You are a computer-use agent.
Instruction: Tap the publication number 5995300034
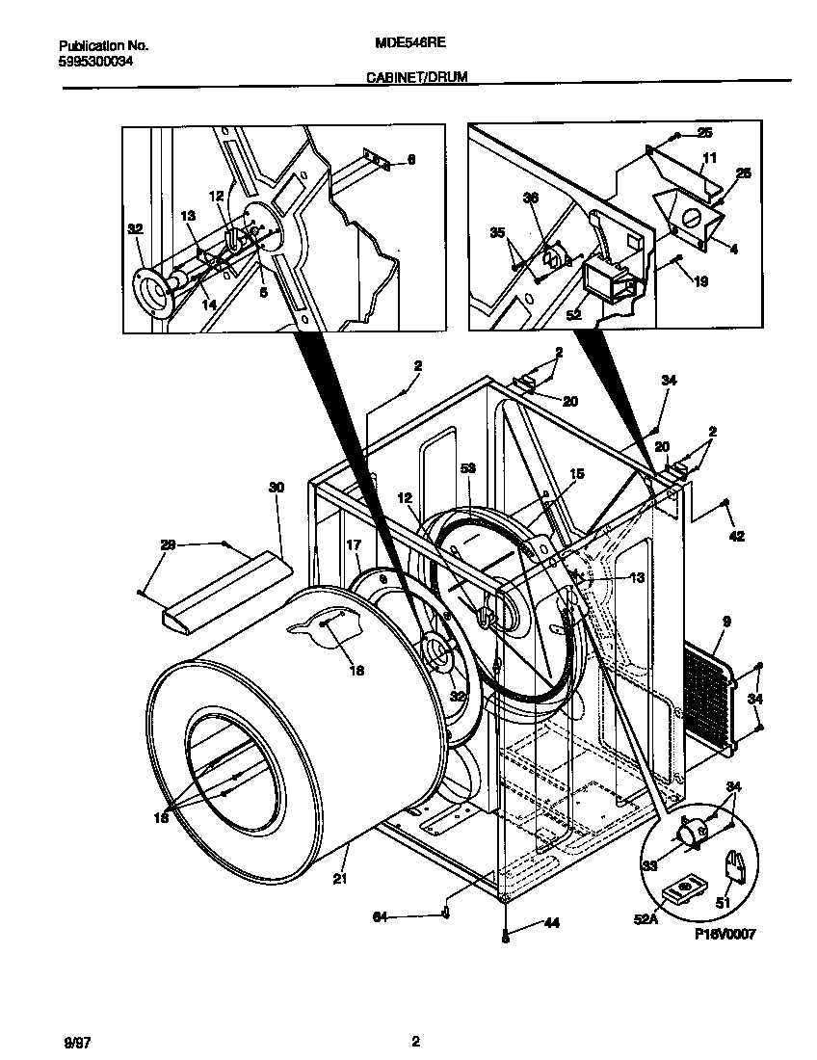pyautogui.click(x=95, y=60)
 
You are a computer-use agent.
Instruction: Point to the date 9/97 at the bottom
pyautogui.click(x=76, y=1042)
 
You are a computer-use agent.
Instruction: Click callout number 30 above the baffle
pyautogui.click(x=277, y=489)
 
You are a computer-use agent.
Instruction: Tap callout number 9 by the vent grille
pyautogui.click(x=725, y=623)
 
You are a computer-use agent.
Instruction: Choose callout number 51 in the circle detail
pyautogui.click(x=723, y=903)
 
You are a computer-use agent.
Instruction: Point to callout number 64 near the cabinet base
pyautogui.click(x=380, y=917)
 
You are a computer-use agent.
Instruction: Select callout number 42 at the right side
pyautogui.click(x=736, y=537)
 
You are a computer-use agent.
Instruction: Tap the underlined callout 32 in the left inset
pyautogui.click(x=135, y=229)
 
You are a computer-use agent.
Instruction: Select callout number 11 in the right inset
pyautogui.click(x=709, y=156)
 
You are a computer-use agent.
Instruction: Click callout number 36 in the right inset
pyautogui.click(x=529, y=198)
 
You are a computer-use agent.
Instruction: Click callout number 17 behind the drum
pyautogui.click(x=354, y=544)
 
